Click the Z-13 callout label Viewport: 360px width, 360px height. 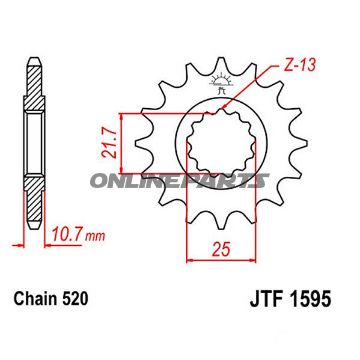click(298, 66)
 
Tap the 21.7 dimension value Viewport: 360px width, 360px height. click(111, 144)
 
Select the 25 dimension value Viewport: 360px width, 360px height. click(221, 249)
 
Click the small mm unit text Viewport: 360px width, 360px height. click(95, 236)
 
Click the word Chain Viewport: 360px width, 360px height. click(33, 299)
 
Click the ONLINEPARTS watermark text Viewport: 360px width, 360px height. click(179, 181)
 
